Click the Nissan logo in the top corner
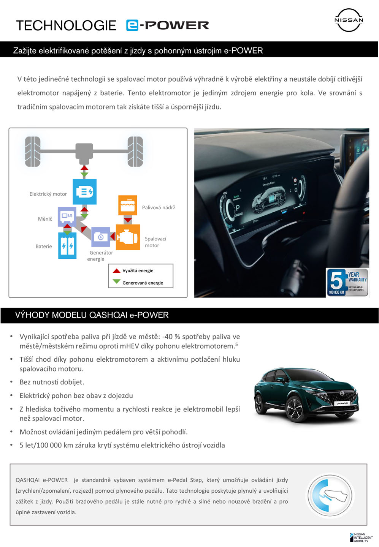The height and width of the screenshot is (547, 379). [x=349, y=20]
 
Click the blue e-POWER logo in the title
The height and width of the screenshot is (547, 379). [x=167, y=25]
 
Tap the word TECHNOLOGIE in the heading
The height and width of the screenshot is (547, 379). [x=66, y=25]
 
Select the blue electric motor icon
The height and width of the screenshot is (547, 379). [x=84, y=191]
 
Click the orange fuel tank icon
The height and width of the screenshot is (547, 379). [x=128, y=206]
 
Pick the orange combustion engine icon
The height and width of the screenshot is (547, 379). [x=128, y=237]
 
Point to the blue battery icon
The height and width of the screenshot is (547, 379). [x=67, y=245]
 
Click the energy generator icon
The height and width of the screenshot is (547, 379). [x=101, y=237]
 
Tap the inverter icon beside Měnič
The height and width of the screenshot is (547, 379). [x=67, y=216]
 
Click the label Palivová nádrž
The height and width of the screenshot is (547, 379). [x=159, y=207]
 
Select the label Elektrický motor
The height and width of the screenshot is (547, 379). [x=48, y=194]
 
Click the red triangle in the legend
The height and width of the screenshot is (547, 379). [x=116, y=270]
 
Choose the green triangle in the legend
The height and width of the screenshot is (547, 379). [x=116, y=282]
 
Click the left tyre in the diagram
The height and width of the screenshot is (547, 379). [x=33, y=151]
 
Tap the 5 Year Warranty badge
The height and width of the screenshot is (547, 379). [x=347, y=282]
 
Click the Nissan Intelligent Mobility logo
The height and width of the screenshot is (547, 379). [x=361, y=537]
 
